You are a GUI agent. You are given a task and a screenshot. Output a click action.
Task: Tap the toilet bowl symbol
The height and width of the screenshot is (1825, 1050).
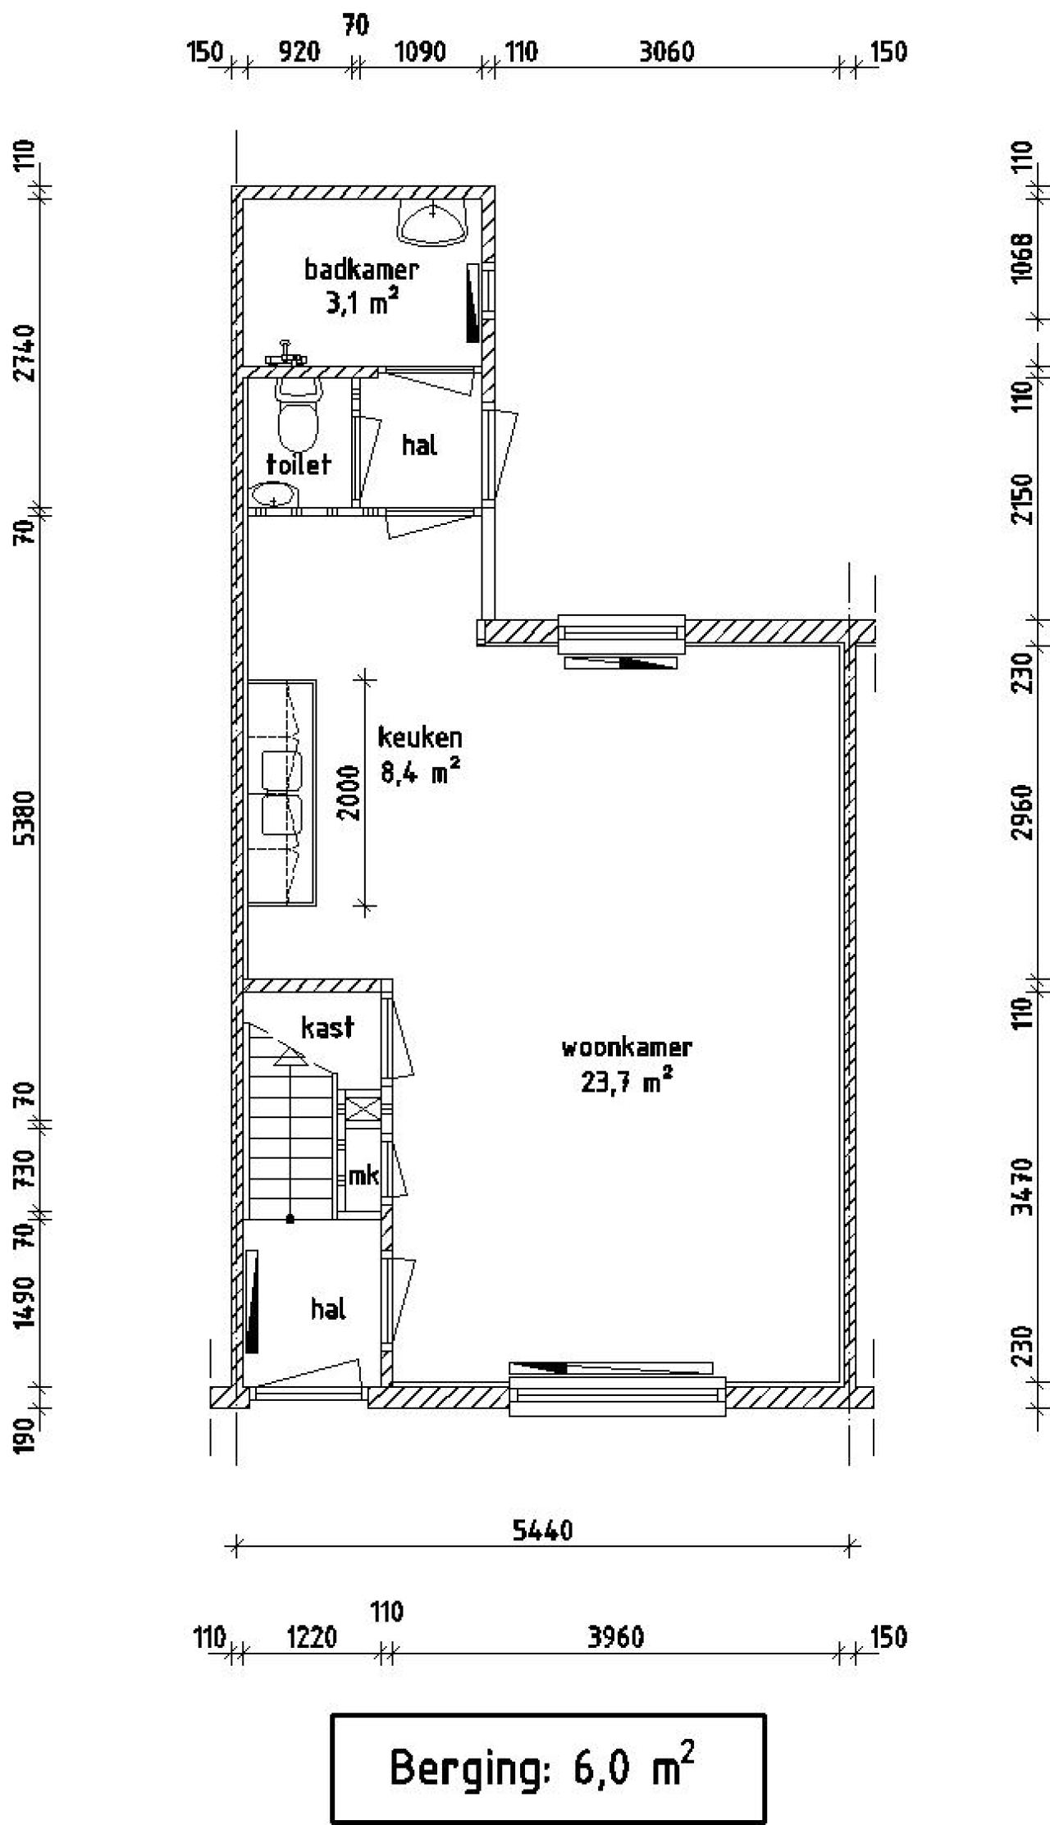coord(297,415)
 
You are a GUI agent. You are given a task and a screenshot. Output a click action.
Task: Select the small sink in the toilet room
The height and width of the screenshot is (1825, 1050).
coord(273,495)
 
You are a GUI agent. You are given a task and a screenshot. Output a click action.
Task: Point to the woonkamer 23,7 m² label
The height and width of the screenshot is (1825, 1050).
coord(627,1065)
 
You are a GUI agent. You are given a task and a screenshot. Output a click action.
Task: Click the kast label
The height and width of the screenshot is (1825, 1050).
coord(327,1027)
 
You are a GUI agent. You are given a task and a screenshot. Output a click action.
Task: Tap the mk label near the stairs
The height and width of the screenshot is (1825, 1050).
coord(363,1175)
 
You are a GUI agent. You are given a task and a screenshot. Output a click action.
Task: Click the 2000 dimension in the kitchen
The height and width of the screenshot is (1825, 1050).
coord(349,792)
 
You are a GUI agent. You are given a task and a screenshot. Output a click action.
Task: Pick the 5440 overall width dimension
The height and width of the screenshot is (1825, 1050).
coord(542,1530)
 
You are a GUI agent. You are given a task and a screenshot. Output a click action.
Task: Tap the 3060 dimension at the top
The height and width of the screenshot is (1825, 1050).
coord(666,52)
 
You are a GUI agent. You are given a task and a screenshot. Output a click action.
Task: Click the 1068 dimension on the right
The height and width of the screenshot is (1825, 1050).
coord(1021,258)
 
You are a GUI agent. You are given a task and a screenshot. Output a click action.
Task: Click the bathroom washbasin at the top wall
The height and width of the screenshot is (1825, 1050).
coord(432,222)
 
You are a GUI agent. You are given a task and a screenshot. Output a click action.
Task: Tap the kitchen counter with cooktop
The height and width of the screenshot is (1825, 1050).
coord(282,792)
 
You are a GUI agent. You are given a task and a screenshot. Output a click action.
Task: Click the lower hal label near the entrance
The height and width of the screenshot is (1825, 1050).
coord(327,1309)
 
